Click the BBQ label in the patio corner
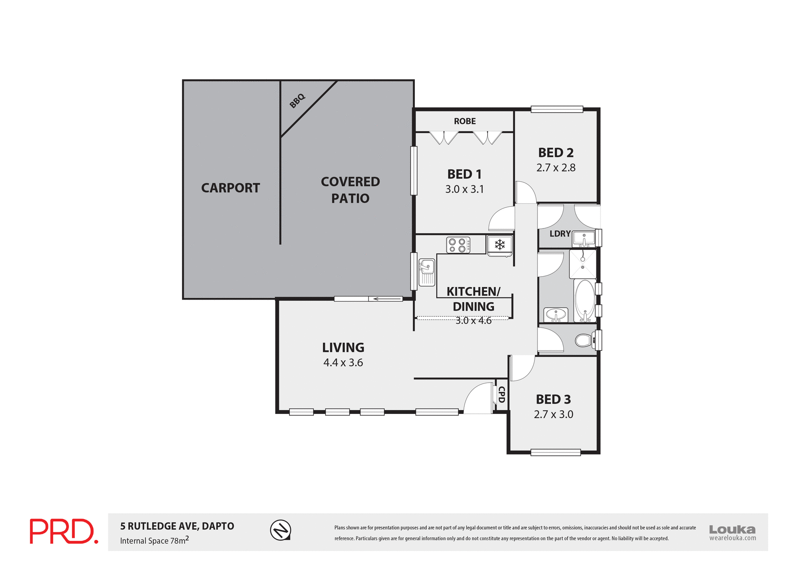pos(297,101)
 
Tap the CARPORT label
pos(230,188)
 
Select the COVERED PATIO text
pos(350,190)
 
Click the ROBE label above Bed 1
pos(465,121)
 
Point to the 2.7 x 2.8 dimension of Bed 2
pos(556,168)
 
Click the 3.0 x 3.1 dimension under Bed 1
pos(464,189)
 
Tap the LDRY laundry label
pos(560,234)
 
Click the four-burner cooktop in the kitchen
pos(458,245)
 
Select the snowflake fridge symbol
pos(500,244)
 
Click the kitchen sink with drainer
pos(427,272)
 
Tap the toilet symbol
pos(584,340)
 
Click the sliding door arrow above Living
pos(385,299)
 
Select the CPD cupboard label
pos(501,394)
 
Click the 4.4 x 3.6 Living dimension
pos(343,362)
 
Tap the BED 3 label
pos(553,399)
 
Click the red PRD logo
pos(64,532)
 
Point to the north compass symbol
pos(280,530)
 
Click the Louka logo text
pos(732,529)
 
